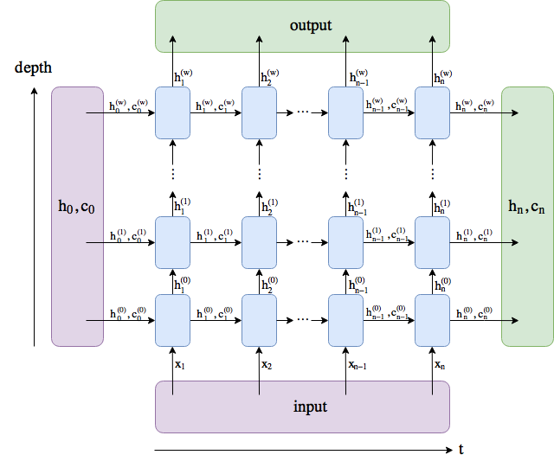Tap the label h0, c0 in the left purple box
click(77, 207)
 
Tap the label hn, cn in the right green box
click(527, 207)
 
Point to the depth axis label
click(32, 67)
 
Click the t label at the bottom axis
click(461, 450)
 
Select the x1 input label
click(180, 365)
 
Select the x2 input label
click(267, 365)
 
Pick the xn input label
click(440, 365)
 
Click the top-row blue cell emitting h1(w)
click(172, 112)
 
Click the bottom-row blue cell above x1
click(172, 320)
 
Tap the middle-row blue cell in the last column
click(432, 242)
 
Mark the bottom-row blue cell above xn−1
click(345, 320)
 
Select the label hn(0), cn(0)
click(473, 313)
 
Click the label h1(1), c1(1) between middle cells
click(215, 235)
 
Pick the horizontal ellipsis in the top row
click(302, 112)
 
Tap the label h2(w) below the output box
click(269, 77)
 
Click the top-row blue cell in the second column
click(259, 112)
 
